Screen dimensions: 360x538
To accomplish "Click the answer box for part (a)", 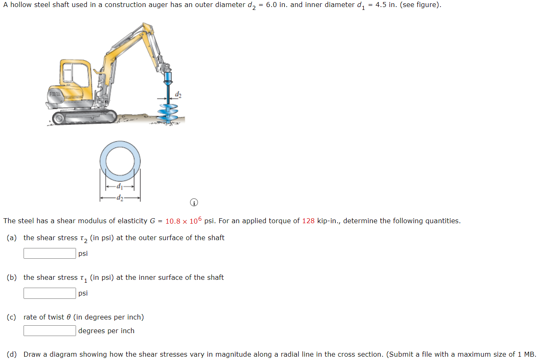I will click(x=50, y=253).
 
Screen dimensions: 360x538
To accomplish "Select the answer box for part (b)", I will click(x=50, y=293).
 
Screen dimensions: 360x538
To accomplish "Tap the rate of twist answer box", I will click(x=50, y=331).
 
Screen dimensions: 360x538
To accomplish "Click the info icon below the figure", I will click(x=194, y=203).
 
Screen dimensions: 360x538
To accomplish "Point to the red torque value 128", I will click(x=308, y=221).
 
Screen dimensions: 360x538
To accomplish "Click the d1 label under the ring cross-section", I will click(x=120, y=187).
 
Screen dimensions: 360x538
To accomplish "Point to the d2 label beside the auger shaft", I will click(x=178, y=95).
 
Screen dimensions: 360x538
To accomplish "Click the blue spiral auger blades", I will click(x=169, y=113).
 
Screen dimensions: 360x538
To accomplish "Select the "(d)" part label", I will click(x=12, y=354).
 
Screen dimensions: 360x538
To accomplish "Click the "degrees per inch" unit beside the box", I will click(x=106, y=331).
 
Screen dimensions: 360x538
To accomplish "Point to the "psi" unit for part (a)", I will click(x=83, y=253).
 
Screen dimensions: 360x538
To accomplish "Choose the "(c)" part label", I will click(x=12, y=317).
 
